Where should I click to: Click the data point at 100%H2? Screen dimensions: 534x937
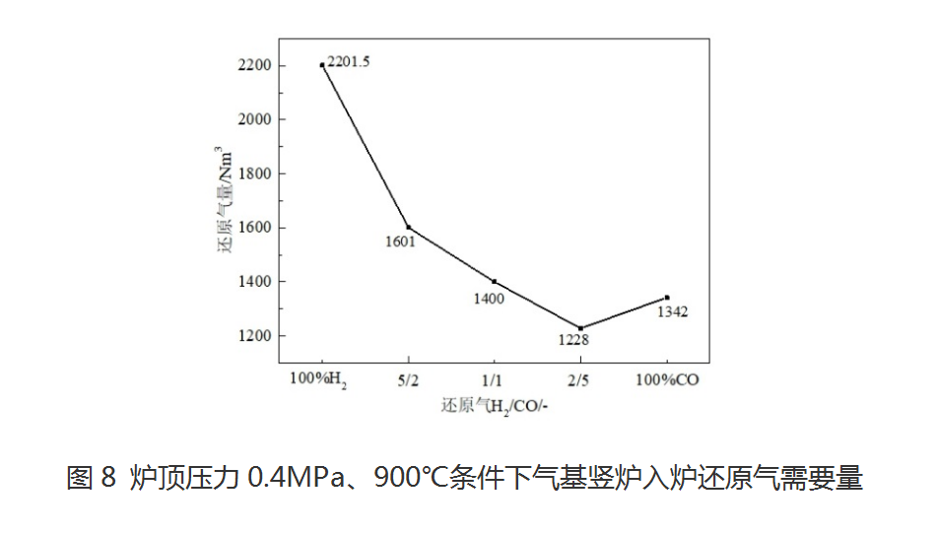click(322, 65)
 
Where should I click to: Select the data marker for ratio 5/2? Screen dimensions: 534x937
click(408, 228)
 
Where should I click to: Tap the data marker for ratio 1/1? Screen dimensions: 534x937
click(494, 282)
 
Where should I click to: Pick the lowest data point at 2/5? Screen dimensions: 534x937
click(580, 328)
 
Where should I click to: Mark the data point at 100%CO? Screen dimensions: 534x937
click(667, 298)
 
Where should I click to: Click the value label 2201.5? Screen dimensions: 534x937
click(349, 62)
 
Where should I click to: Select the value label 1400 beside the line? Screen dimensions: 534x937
click(489, 298)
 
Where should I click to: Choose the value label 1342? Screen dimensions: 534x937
click(672, 312)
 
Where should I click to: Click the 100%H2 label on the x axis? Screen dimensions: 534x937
click(318, 379)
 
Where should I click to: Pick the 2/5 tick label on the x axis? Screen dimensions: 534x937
click(579, 379)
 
